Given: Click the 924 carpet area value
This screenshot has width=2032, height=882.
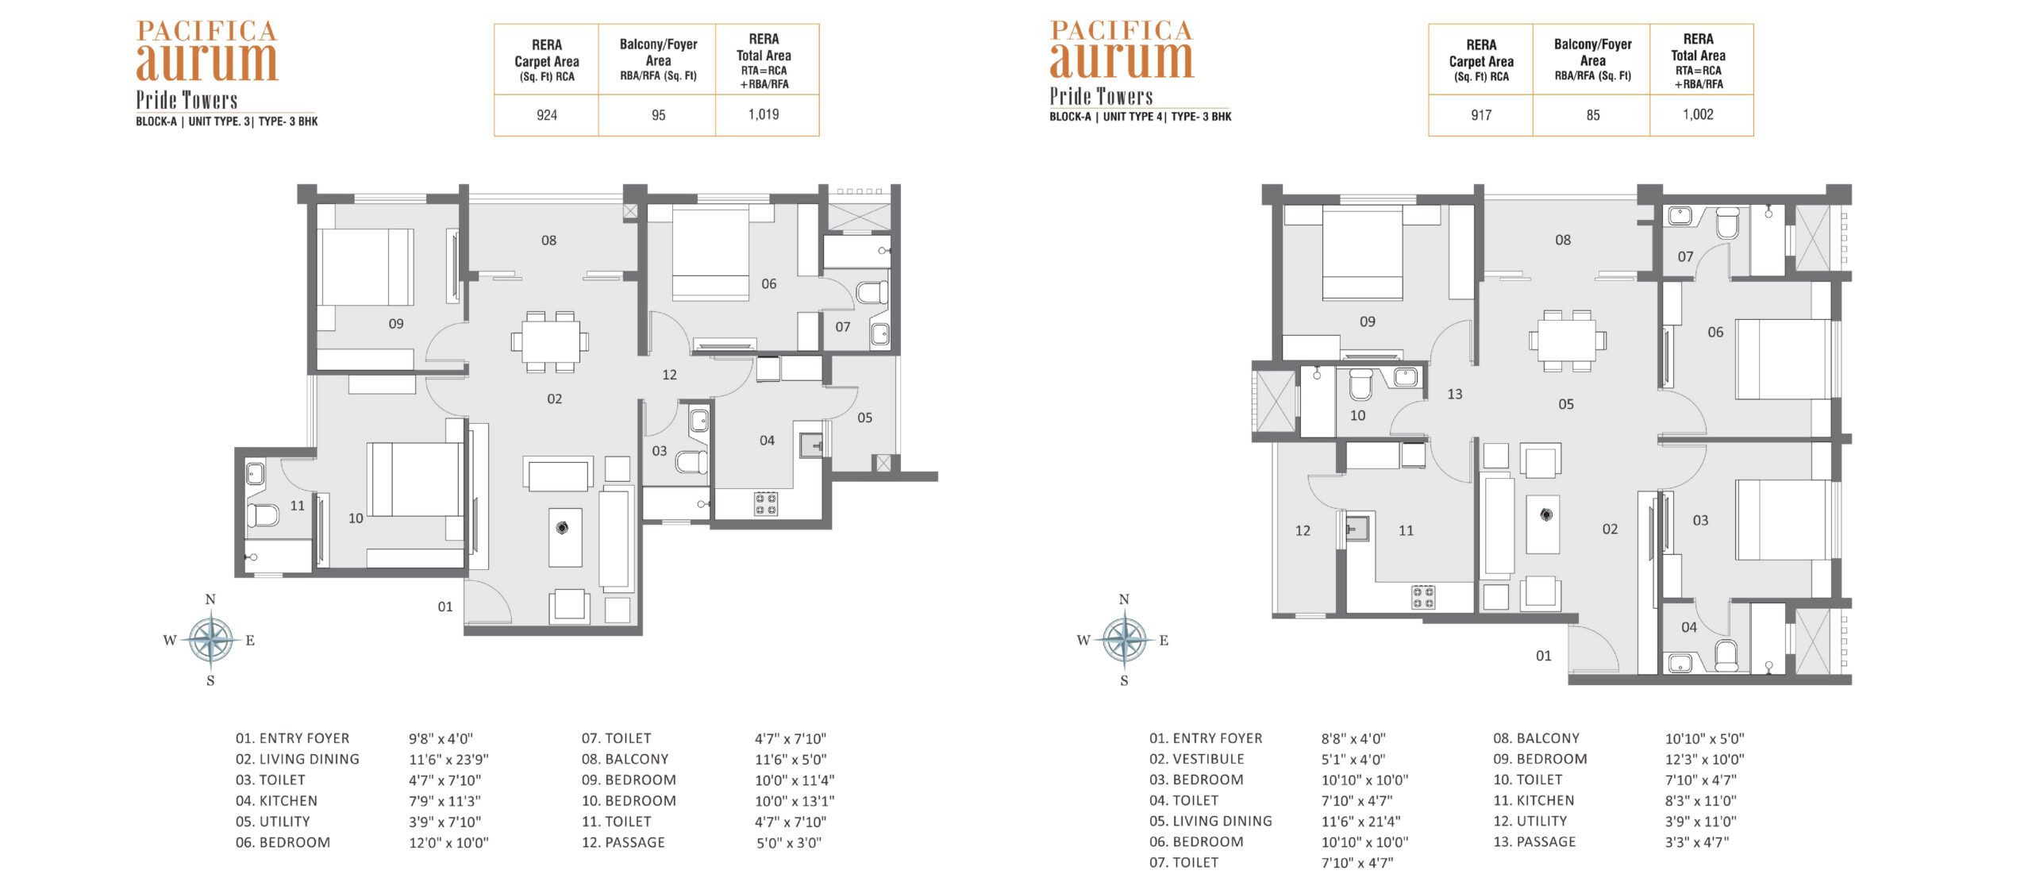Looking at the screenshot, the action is pos(547,115).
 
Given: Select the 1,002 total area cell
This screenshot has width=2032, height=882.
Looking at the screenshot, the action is pos(1698,114).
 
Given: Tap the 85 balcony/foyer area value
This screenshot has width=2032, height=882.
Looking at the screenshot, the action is pos(1593,115).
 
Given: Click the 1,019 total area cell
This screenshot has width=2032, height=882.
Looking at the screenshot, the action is pos(764,114).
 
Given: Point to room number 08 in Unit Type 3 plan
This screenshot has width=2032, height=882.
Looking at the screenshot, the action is pos(549,241).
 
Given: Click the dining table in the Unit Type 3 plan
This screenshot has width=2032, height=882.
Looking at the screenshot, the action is pos(550,342).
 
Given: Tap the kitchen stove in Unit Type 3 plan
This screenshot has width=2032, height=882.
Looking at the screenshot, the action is pos(766,504).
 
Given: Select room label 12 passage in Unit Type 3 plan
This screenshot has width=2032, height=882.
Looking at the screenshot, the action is pos(670,375).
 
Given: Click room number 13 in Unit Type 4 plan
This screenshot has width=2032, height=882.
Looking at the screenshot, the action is pos(1455,395).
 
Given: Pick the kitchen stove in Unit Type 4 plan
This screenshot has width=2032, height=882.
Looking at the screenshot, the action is pos(1423,597).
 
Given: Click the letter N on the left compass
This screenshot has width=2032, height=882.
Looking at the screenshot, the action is pos(210,599).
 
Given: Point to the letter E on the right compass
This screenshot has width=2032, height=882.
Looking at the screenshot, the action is pos(1164,641).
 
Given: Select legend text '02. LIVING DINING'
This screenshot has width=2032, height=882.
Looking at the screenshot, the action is pos(298,760).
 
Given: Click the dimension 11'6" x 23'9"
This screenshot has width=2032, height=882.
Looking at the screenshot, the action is pos(448,760).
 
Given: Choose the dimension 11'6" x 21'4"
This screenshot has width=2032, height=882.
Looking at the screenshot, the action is pos(1360,822).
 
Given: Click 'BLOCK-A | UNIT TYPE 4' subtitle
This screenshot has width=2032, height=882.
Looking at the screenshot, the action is pos(1106,117).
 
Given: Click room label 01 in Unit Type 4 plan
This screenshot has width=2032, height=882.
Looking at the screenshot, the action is pos(1543,656).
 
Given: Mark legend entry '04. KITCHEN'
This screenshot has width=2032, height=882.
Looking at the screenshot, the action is pos(276,801).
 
